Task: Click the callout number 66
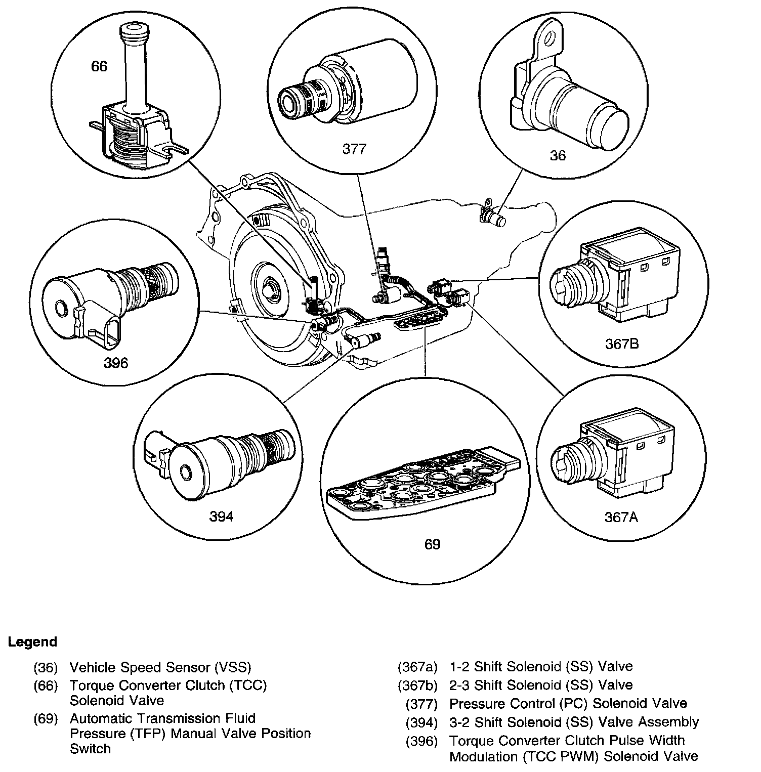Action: point(99,66)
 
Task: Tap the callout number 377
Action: point(354,149)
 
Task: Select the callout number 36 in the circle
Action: point(558,155)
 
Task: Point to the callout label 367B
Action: point(622,344)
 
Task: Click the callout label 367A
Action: point(621,517)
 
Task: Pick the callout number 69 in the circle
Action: point(432,544)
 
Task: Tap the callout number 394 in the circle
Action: point(221,517)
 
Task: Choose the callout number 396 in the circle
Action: point(116,363)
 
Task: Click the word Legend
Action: point(32,642)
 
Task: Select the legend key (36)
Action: point(46,667)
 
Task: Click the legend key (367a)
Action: point(417,666)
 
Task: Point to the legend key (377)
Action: point(421,703)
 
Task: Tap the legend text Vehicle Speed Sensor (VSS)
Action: point(160,667)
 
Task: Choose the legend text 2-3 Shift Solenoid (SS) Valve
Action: point(541,685)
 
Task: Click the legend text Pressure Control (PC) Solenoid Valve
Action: point(568,703)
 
